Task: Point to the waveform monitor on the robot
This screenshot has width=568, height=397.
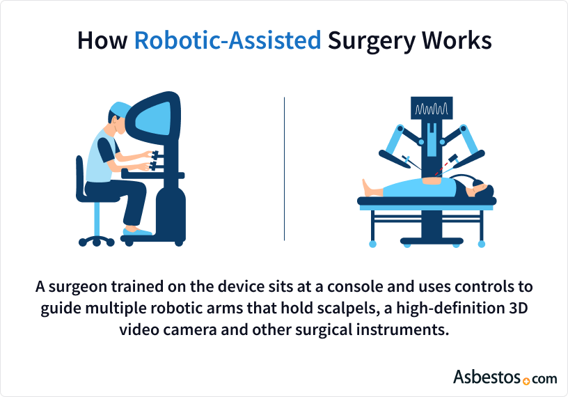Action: click(x=432, y=110)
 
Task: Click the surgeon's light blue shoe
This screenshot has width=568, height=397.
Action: click(x=138, y=231)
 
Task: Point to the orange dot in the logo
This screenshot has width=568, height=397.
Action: click(x=526, y=380)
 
